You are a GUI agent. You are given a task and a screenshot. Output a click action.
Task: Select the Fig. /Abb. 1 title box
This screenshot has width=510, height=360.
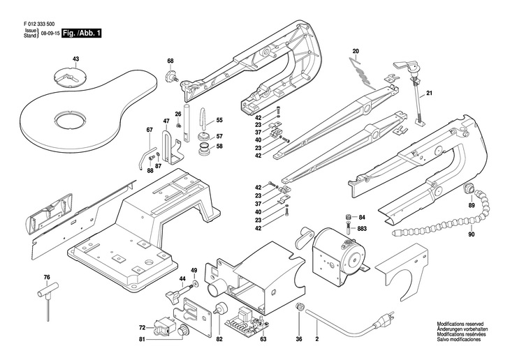[x=82, y=33]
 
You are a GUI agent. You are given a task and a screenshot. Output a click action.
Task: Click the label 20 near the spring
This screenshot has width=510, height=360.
[x=355, y=52]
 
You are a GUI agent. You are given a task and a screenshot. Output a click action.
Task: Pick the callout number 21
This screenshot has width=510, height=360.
[x=430, y=93]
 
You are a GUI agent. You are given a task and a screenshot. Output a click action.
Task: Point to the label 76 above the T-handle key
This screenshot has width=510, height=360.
[x=47, y=278]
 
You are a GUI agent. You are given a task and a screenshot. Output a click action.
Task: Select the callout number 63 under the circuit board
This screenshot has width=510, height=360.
[x=263, y=340]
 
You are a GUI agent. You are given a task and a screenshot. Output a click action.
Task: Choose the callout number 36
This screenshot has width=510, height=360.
[x=299, y=340]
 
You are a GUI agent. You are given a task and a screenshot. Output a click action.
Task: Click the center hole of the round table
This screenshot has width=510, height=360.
[x=68, y=121]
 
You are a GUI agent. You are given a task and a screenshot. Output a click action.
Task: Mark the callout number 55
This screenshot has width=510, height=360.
[x=219, y=120]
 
